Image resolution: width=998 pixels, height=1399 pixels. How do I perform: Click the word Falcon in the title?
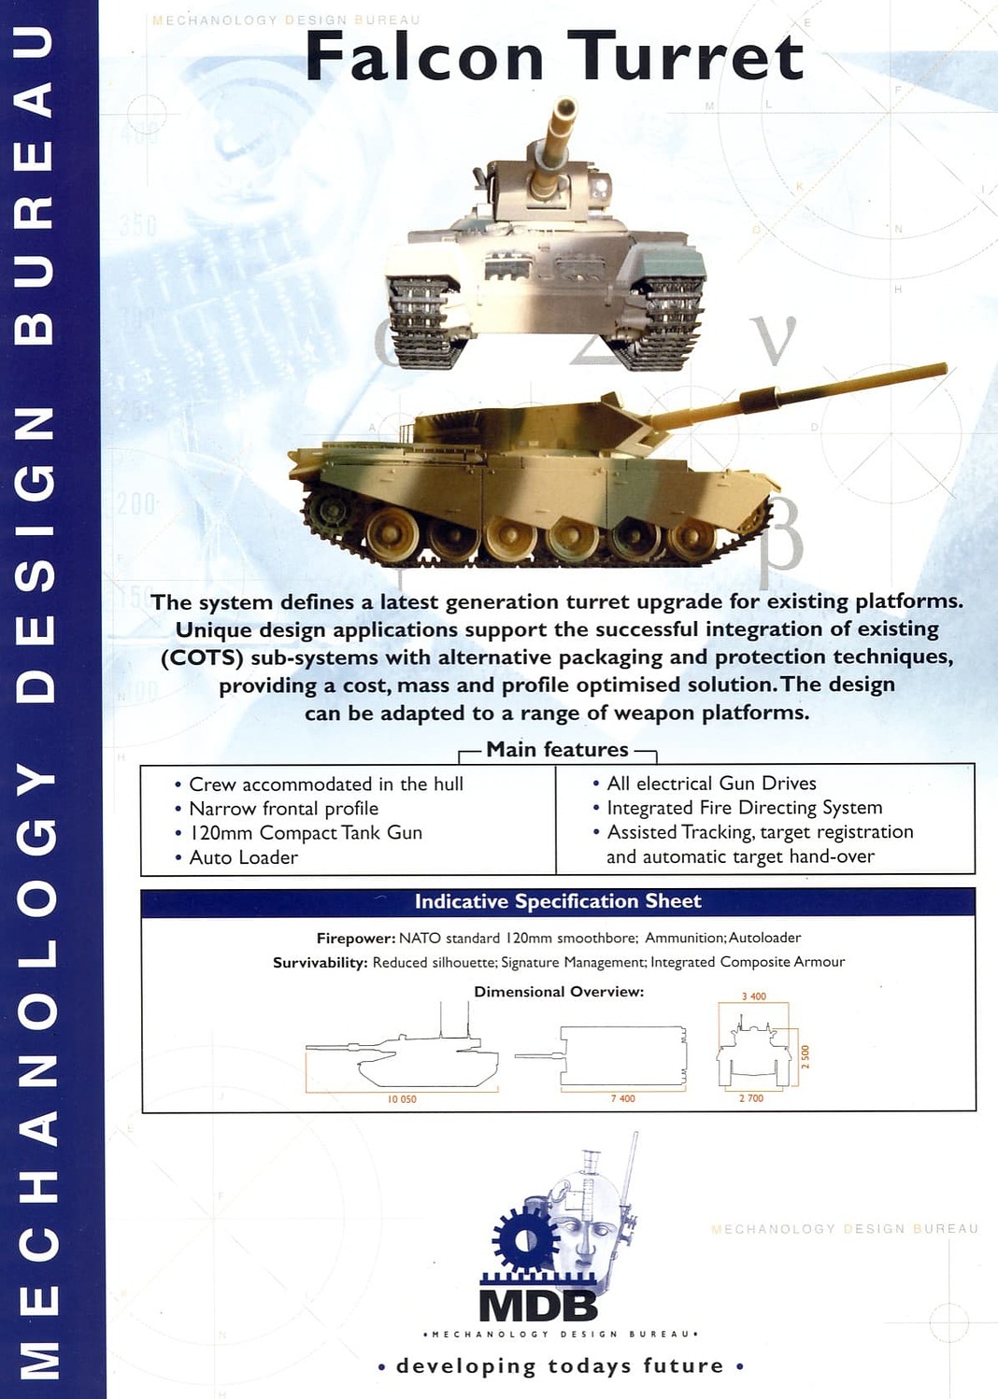[424, 57]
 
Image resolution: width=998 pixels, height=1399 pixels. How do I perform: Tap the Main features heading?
[557, 749]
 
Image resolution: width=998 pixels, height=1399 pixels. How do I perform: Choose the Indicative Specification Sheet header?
[558, 901]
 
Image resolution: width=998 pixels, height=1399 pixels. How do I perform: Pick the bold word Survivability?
[320, 963]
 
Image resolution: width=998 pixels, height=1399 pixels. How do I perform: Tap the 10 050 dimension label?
[402, 1100]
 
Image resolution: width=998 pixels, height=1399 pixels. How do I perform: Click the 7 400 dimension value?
[623, 1098]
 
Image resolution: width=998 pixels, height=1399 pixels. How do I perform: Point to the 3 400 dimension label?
[754, 996]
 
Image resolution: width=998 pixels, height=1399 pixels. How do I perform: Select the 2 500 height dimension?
[806, 1057]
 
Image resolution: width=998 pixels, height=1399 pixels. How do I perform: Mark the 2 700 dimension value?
[751, 1098]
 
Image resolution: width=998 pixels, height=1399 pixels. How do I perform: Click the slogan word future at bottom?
[683, 1366]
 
